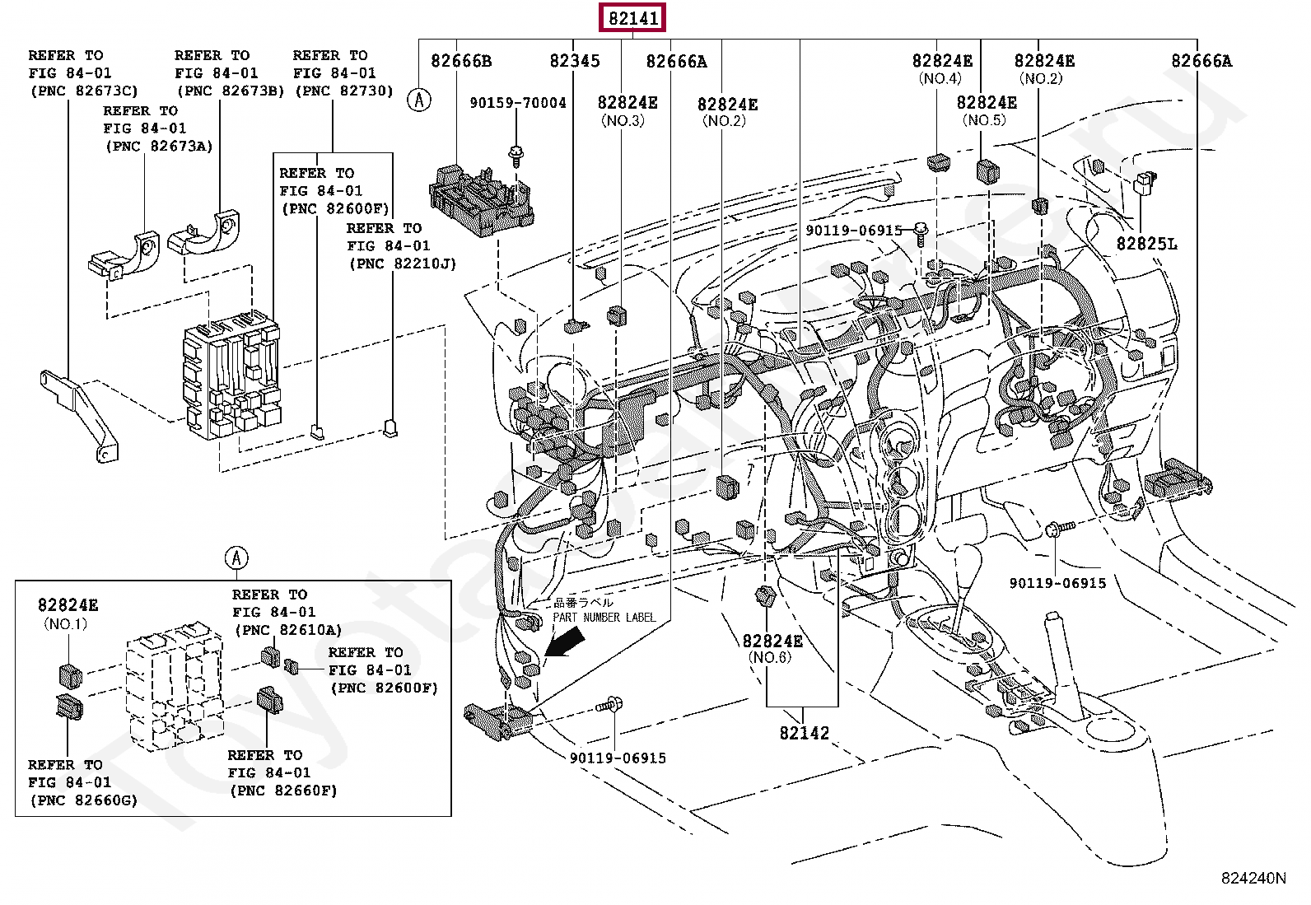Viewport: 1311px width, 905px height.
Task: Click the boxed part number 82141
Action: click(x=632, y=18)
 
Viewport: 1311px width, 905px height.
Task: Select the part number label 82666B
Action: click(x=461, y=61)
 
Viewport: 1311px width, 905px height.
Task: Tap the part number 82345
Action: click(x=575, y=61)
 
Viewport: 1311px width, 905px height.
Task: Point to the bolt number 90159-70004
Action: click(x=518, y=103)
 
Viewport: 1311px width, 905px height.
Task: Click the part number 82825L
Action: click(x=1146, y=244)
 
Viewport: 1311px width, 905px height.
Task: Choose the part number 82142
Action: click(x=805, y=733)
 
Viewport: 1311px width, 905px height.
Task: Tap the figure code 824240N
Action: click(x=1253, y=878)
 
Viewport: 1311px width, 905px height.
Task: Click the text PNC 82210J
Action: click(x=403, y=264)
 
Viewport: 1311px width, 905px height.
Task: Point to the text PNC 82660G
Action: click(x=84, y=800)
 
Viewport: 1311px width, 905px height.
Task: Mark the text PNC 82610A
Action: click(x=288, y=630)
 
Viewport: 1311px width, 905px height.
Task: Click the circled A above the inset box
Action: click(x=236, y=557)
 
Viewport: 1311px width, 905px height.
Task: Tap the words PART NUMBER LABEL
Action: click(x=604, y=618)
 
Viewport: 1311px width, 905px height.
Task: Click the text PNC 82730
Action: click(x=344, y=91)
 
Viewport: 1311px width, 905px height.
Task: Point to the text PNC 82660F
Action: click(x=283, y=791)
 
